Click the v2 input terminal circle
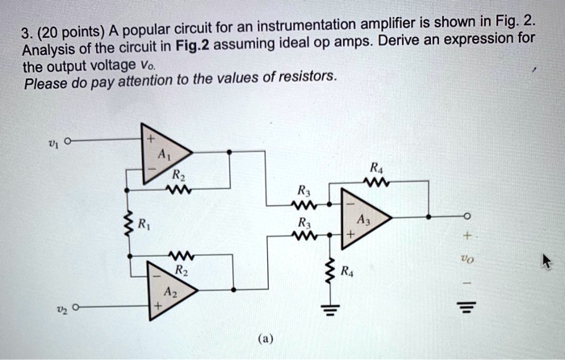74,307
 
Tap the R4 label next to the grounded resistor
346,271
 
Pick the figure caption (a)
266,340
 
